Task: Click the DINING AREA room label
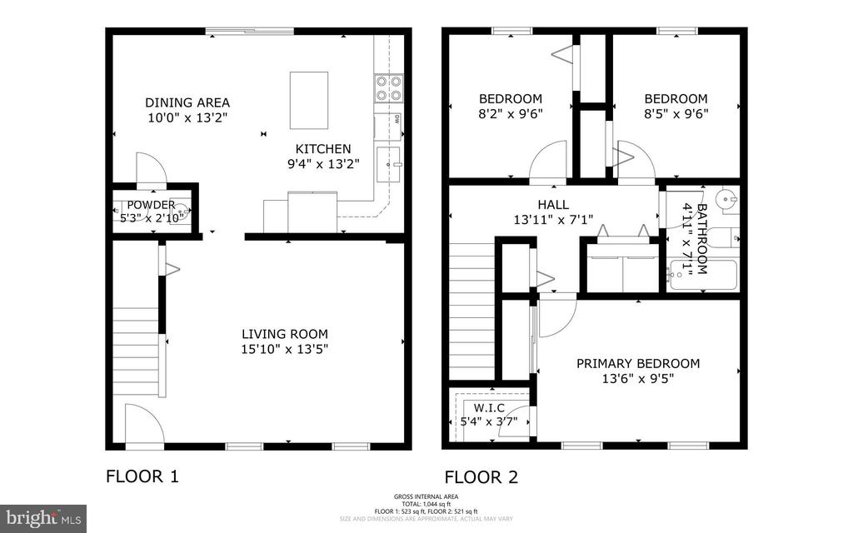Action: (x=176, y=102)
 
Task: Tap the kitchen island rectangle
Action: (x=308, y=100)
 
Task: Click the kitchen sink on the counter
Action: (x=389, y=164)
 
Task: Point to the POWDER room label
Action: (x=151, y=205)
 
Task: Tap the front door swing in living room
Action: (x=143, y=423)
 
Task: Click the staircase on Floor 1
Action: (x=136, y=350)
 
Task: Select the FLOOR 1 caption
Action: (x=142, y=477)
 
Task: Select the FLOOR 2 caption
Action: (x=481, y=477)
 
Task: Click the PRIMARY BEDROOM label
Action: (x=638, y=363)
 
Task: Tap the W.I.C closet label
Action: (x=489, y=407)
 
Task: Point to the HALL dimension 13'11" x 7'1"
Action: (x=553, y=220)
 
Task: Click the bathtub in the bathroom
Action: (x=703, y=275)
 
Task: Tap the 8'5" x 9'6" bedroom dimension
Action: (x=676, y=114)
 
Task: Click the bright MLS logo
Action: (x=43, y=518)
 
